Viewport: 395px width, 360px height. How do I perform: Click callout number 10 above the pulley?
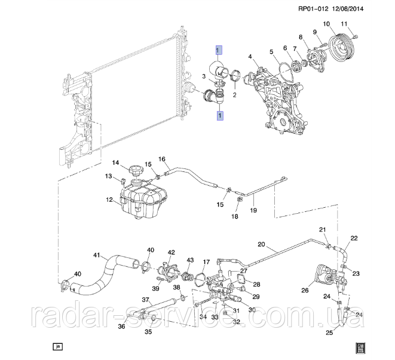pyautogui.click(x=327, y=24)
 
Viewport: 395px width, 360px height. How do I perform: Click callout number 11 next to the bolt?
pyautogui.click(x=344, y=24)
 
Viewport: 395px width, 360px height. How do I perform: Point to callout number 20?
pyautogui.click(x=261, y=244)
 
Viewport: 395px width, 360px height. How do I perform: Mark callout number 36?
pyautogui.click(x=121, y=327)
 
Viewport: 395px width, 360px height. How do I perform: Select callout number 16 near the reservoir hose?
pyautogui.click(x=161, y=159)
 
